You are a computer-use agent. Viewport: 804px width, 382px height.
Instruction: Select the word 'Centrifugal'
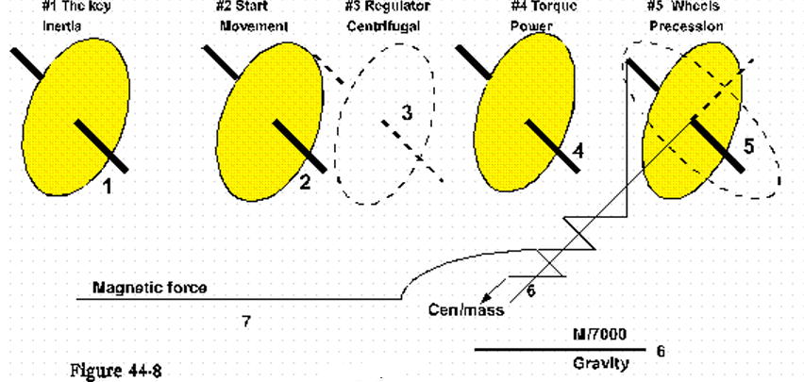point(383,26)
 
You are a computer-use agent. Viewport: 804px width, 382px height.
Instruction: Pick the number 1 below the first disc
point(108,186)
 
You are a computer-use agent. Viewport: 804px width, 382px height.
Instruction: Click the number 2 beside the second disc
point(305,182)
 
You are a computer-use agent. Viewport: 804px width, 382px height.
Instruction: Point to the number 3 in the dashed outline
point(407,113)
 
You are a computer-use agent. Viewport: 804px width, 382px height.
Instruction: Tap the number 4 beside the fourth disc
point(578,150)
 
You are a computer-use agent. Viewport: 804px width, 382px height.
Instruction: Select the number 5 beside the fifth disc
point(748,146)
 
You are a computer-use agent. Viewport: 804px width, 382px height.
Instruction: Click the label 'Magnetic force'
point(149,287)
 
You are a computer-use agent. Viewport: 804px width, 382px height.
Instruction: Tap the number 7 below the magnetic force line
point(245,322)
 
